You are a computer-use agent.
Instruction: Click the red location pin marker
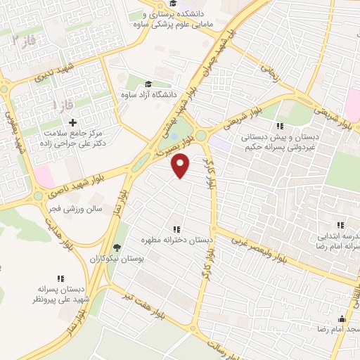coord(181,165)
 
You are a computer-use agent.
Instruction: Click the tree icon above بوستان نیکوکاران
coord(117,247)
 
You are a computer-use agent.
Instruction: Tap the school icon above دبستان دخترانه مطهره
coord(176,229)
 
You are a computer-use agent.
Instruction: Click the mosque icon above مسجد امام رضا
coord(342,318)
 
